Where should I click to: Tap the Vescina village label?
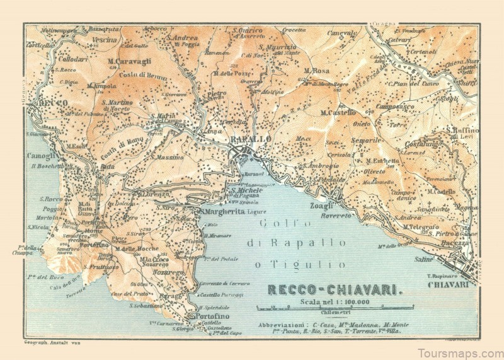pyautogui.click(x=105, y=39)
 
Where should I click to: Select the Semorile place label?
pyautogui.click(x=367, y=140)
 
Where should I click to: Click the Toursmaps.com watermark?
pyautogui.click(x=462, y=350)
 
